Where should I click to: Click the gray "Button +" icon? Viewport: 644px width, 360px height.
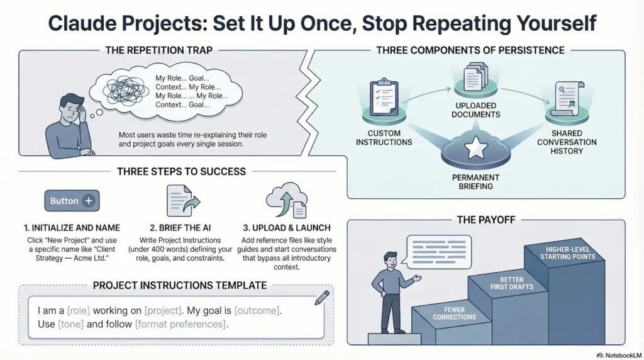[71, 201]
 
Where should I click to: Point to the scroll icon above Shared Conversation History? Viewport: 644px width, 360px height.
[565, 99]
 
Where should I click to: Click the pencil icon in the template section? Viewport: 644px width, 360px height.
[321, 296]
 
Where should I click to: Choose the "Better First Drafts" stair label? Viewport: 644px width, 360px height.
[511, 283]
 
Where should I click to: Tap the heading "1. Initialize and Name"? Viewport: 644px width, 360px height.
[70, 228]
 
